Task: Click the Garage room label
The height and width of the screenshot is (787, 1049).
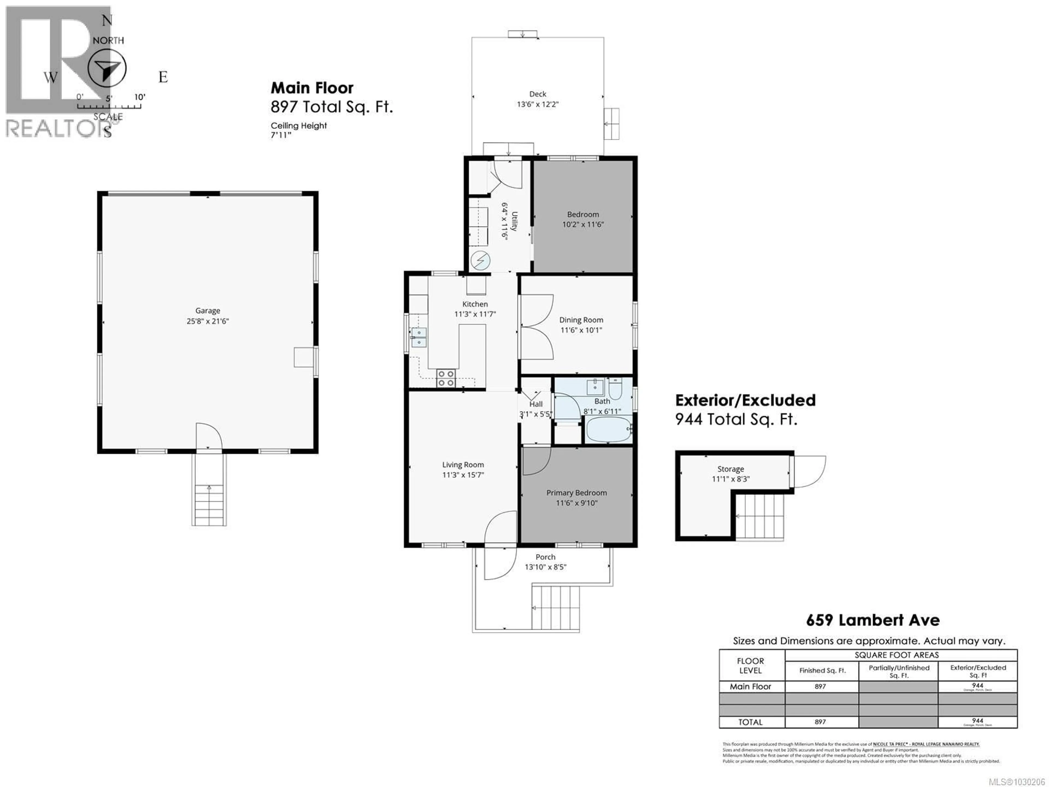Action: pyautogui.click(x=207, y=311)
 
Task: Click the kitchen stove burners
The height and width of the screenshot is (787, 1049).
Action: pyautogui.click(x=446, y=378)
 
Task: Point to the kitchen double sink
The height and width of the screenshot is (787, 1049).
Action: pyautogui.click(x=419, y=337)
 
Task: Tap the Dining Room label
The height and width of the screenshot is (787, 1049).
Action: pyautogui.click(x=581, y=320)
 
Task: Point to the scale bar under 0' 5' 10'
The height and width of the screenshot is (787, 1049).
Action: pyautogui.click(x=109, y=106)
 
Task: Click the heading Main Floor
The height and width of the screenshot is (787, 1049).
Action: pyautogui.click(x=312, y=88)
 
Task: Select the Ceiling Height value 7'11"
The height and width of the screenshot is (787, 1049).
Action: pyautogui.click(x=281, y=135)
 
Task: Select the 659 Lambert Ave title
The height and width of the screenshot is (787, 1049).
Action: pyautogui.click(x=873, y=620)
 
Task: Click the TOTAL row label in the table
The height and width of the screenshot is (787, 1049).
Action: pyautogui.click(x=750, y=722)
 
